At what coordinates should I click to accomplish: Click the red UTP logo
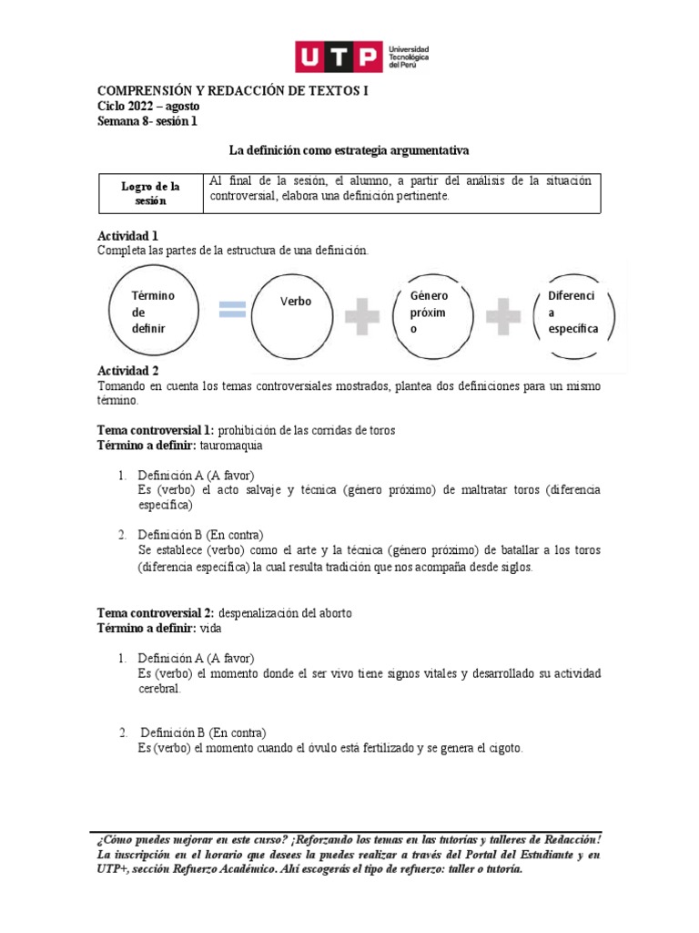pos(336,56)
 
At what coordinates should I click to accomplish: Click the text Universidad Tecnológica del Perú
pos(408,56)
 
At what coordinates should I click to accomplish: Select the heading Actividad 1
pos(127,236)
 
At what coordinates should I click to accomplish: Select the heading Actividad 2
pos(127,372)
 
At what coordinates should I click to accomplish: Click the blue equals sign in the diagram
pos(233,311)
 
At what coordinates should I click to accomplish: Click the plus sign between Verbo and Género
pos(363,313)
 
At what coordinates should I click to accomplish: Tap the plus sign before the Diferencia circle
pos(502,313)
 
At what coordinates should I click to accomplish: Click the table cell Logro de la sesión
pos(150,193)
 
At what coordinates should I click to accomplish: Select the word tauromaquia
pos(240,446)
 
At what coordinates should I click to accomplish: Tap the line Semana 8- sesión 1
pos(146,120)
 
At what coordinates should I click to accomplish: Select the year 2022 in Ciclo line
pos(146,107)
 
